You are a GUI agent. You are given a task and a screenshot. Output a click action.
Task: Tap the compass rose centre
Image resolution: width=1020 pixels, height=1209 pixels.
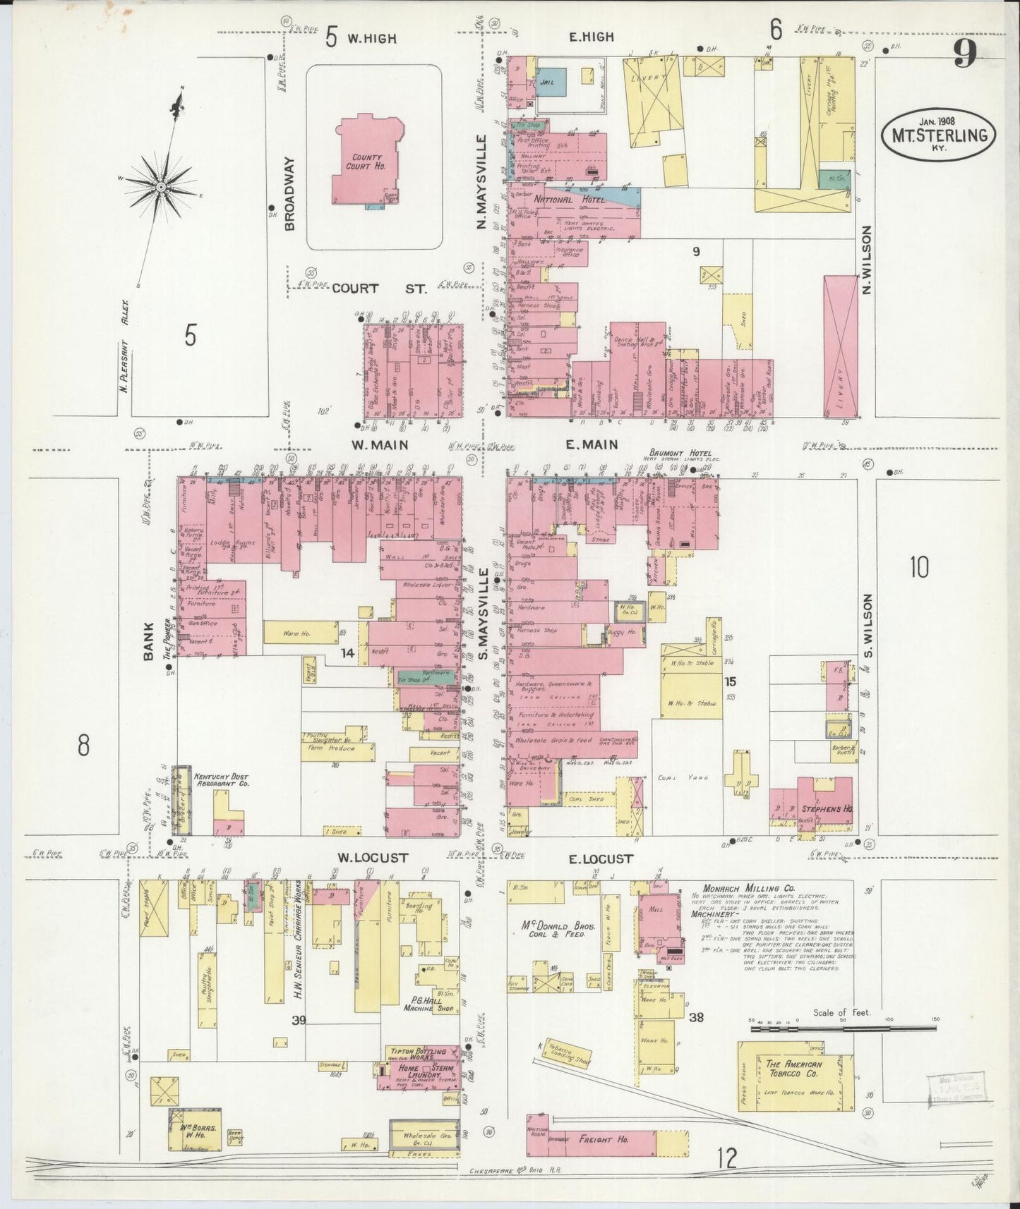(161, 186)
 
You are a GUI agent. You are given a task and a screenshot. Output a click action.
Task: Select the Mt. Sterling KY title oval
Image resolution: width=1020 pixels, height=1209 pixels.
(939, 132)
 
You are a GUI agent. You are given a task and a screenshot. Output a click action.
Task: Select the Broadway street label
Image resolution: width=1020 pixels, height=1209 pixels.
(289, 193)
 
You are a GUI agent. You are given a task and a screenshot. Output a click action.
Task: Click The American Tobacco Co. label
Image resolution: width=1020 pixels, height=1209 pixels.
(793, 1070)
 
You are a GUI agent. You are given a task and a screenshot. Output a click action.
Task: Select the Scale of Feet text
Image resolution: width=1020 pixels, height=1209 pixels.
(842, 1012)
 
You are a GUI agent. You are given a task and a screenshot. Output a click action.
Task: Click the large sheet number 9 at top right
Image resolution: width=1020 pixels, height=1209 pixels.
(965, 54)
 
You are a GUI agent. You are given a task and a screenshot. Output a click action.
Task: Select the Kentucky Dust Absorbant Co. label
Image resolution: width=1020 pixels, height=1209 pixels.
(222, 779)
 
